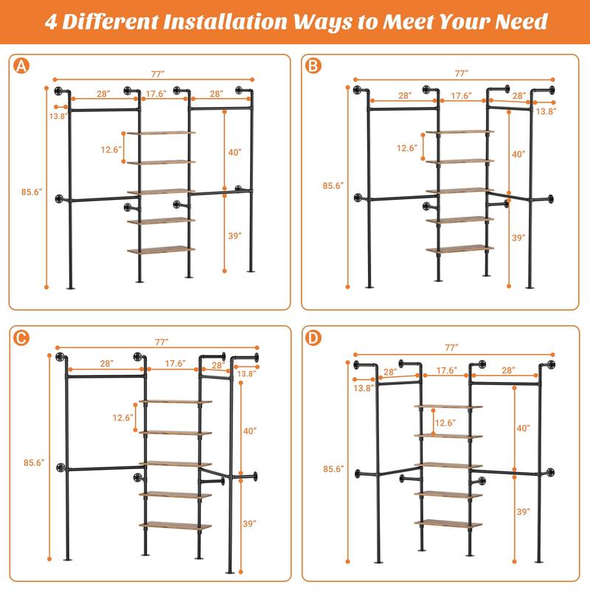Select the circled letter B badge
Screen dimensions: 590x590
click(313, 66)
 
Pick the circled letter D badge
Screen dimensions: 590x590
click(313, 339)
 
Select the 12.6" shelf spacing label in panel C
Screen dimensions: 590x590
click(122, 417)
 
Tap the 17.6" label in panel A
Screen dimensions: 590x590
click(155, 94)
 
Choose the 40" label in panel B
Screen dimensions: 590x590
click(518, 154)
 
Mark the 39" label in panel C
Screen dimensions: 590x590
click(251, 524)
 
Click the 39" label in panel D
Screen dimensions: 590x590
click(523, 511)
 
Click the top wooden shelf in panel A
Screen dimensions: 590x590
click(161, 133)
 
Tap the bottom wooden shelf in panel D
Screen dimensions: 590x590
click(448, 524)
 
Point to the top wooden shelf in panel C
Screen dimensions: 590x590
click(175, 402)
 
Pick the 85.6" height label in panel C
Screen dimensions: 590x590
click(34, 463)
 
